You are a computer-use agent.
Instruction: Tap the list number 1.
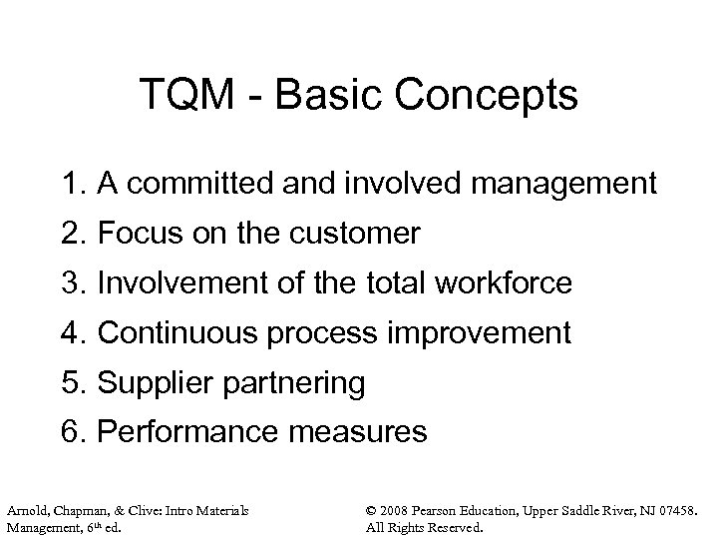coord(68,185)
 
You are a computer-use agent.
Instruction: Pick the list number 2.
coord(68,235)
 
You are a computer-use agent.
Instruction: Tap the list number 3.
coord(68,283)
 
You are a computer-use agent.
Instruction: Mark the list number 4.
coord(68,332)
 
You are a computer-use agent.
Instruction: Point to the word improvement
coord(490,332)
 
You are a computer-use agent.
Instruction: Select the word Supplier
coord(152,382)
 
